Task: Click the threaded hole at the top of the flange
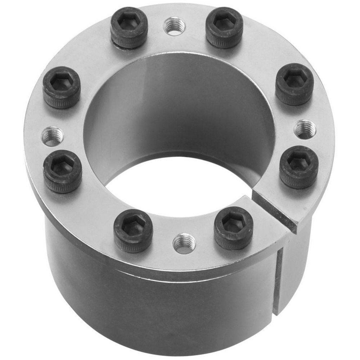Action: coord(174,26)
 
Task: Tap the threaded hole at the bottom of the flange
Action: coord(184,243)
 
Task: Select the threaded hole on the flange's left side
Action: coord(52,136)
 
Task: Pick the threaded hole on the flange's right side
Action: coord(305,130)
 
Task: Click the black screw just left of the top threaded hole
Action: coord(129,28)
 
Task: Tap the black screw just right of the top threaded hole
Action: coord(224,27)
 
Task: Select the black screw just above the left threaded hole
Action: coord(62,87)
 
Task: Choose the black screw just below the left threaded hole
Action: coord(62,171)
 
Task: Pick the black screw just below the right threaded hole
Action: coord(299,167)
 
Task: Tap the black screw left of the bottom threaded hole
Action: coord(133,230)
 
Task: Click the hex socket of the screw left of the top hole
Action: coord(129,24)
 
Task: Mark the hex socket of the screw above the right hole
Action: coord(294,80)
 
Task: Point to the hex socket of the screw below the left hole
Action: coord(62,167)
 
